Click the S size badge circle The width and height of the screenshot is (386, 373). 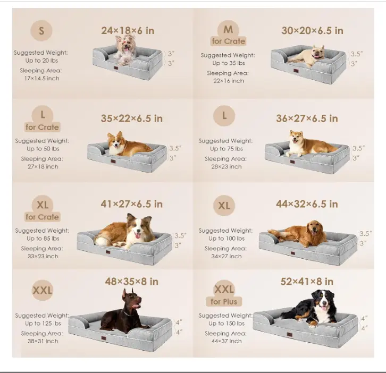tap(41, 30)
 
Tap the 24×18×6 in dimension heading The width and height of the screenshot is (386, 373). tap(128, 31)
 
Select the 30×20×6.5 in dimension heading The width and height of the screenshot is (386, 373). tap(312, 31)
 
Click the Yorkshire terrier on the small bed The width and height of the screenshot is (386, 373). tap(126, 49)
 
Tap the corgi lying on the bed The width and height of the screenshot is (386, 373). tap(128, 145)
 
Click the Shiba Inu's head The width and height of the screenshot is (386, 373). tap(296, 138)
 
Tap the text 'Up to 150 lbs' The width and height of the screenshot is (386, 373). tap(226, 323)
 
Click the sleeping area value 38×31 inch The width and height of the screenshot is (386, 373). tap(43, 341)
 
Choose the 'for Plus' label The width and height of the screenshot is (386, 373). tap(224, 302)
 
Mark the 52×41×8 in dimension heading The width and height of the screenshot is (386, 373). tap(307, 282)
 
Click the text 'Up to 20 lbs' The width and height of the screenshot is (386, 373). tap(41, 61)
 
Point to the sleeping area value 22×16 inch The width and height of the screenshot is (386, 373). tap(229, 81)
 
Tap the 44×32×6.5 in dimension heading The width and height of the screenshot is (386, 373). tap(307, 204)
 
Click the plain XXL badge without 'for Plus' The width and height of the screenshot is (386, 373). tap(43, 290)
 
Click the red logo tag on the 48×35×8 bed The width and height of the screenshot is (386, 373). tap(104, 338)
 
